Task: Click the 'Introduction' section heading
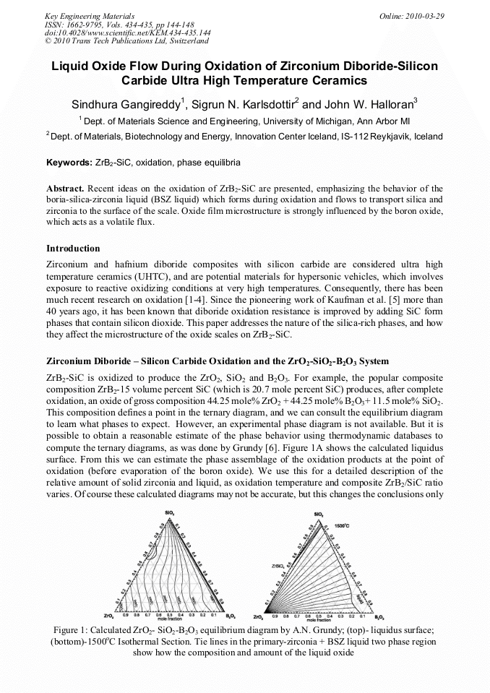click(73, 248)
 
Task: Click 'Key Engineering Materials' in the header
click(80, 15)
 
